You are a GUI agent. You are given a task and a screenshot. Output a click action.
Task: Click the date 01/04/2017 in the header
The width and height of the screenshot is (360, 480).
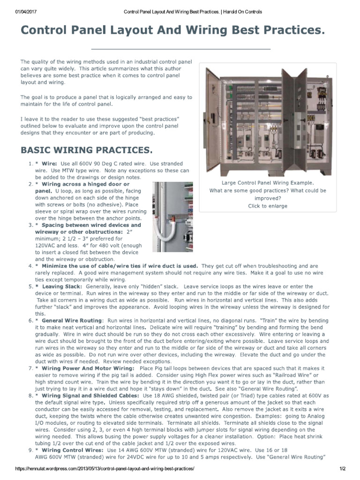[26, 12]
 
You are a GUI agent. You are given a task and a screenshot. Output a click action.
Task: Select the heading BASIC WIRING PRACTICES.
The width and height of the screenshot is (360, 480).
[87, 150]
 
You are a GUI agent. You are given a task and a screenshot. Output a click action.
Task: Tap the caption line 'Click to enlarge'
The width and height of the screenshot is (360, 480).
[268, 206]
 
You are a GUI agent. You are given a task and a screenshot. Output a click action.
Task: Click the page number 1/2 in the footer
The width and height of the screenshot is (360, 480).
[343, 469]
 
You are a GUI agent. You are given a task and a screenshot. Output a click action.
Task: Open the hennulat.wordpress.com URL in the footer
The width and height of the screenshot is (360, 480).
[105, 469]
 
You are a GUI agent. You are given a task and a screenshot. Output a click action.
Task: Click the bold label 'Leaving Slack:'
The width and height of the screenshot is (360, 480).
[62, 286]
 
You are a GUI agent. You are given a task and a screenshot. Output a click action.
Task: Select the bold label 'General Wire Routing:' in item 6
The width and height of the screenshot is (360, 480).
[73, 321]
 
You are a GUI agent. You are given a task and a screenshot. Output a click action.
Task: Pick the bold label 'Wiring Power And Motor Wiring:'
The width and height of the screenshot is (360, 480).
[88, 368]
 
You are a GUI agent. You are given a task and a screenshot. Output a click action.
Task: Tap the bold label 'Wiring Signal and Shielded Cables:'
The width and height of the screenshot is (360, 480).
[90, 396]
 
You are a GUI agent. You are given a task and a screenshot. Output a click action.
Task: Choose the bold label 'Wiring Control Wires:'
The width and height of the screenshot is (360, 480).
[73, 450]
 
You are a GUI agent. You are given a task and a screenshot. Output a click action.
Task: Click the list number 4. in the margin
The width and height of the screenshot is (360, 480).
[30, 266]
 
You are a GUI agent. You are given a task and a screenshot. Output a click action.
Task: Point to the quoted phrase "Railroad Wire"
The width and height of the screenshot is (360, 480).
[292, 375]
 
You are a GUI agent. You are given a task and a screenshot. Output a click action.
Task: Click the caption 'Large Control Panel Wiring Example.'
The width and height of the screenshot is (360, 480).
[268, 183]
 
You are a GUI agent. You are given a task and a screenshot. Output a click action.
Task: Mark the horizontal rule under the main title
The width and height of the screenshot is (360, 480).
[181, 49]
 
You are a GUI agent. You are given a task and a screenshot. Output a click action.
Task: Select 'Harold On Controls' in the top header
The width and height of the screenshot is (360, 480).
[242, 12]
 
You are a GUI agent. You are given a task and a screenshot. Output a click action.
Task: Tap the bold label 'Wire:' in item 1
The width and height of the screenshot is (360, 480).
[49, 164]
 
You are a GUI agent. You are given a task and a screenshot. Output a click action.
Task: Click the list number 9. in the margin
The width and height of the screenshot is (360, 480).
[30, 450]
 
